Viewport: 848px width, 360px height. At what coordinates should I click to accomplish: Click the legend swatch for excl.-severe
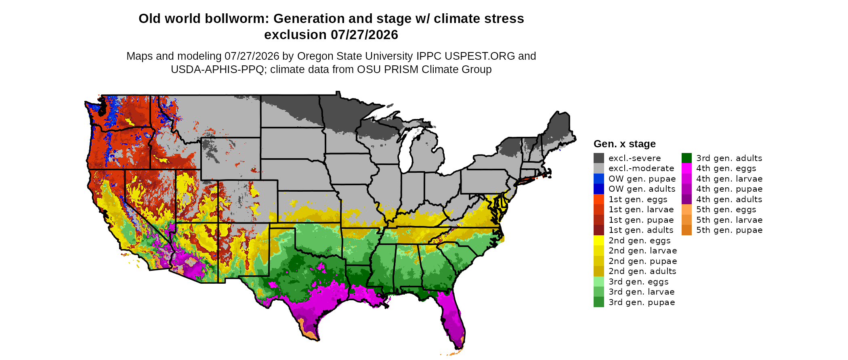tap(599, 158)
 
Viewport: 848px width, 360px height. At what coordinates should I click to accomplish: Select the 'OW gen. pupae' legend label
tap(642, 179)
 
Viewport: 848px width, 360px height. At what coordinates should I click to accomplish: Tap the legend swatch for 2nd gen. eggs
tap(599, 241)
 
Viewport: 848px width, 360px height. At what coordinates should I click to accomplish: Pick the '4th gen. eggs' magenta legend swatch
tap(686, 168)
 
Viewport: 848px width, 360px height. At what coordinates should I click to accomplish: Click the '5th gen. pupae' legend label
tap(729, 230)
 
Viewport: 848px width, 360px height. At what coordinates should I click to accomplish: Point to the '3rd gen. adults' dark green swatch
tap(686, 158)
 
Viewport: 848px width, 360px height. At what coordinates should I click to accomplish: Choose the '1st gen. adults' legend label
tap(641, 230)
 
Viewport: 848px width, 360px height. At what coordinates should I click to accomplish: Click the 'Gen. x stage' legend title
tap(625, 144)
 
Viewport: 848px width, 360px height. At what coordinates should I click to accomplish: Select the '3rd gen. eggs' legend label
tap(638, 282)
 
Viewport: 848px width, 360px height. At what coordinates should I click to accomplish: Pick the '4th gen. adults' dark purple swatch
tap(686, 199)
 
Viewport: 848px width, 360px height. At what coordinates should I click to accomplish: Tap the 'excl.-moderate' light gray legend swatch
tap(599, 168)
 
